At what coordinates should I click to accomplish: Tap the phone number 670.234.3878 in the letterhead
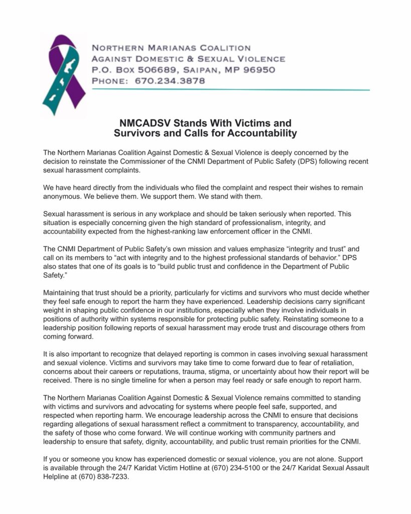click(170, 80)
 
